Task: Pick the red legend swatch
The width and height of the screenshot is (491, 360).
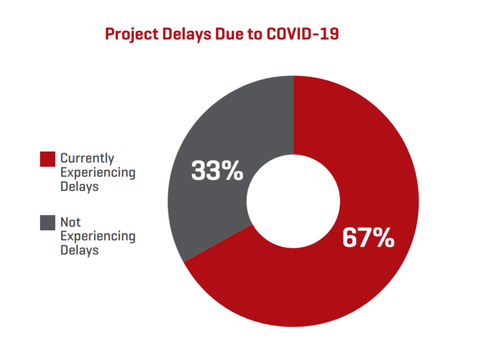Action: (47, 159)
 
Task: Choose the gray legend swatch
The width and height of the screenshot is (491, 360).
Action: (47, 223)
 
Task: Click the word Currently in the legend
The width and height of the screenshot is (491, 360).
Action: (87, 158)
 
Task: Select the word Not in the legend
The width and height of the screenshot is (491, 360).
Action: (70, 222)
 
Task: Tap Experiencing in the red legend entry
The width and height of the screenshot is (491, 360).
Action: (98, 172)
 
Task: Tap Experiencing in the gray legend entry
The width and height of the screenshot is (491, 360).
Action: (98, 236)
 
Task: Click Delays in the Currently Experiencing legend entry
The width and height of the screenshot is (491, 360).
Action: (79, 186)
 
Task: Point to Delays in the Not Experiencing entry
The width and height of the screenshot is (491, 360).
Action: (79, 250)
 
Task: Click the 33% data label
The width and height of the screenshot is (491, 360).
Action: (217, 171)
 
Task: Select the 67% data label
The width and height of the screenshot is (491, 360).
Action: (368, 238)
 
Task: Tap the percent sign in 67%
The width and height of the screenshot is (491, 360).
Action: (383, 238)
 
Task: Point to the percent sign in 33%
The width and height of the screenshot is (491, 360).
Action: (233, 171)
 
